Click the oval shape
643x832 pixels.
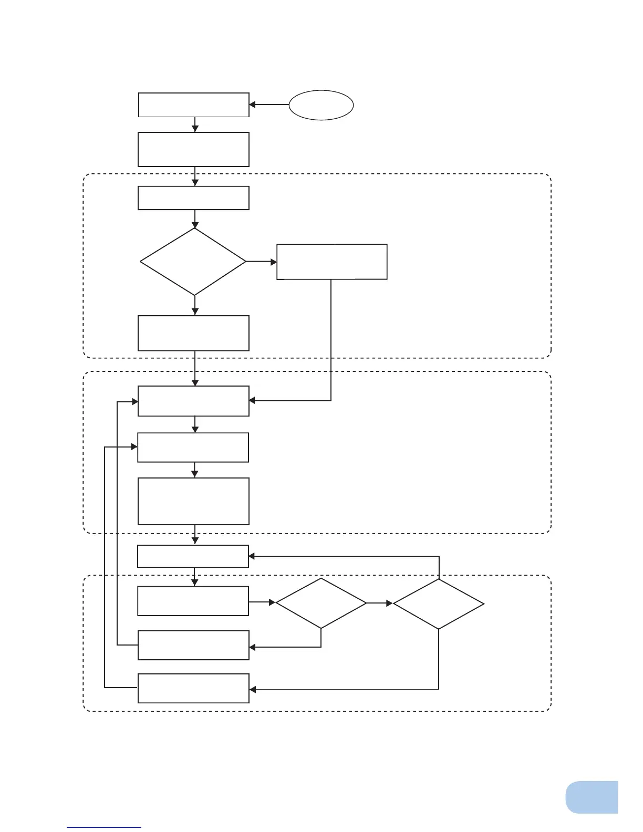click(x=321, y=105)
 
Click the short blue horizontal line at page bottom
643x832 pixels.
click(x=104, y=827)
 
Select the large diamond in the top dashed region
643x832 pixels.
click(x=193, y=262)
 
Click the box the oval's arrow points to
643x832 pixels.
click(x=193, y=105)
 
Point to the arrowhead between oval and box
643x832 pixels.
click(x=253, y=105)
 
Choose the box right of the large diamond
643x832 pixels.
click(x=332, y=262)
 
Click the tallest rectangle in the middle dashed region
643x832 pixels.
click(x=193, y=501)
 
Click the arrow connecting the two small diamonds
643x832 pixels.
click(x=379, y=604)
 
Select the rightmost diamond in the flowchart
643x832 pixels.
click(x=439, y=604)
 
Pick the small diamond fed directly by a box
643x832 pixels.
click(x=321, y=604)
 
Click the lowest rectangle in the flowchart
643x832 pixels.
click(x=193, y=688)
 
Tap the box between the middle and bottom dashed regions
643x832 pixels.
click(x=193, y=556)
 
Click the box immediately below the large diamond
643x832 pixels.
click(x=193, y=333)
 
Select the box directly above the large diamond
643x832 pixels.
click(x=193, y=198)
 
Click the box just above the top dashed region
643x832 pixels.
click(x=193, y=150)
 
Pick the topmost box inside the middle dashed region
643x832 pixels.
click(x=193, y=401)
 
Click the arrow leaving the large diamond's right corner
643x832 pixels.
click(x=261, y=262)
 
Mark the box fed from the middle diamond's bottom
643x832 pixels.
click(x=193, y=645)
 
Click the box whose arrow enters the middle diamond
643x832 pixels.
click(x=193, y=601)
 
